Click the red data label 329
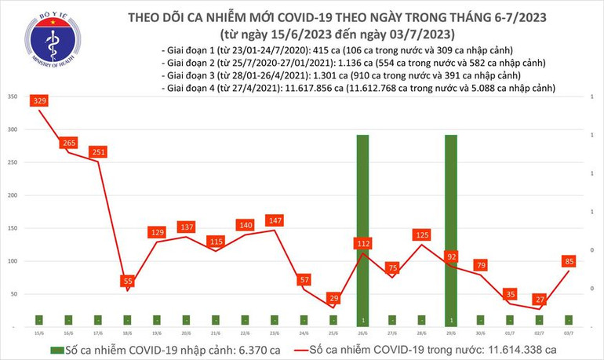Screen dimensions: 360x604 pos(40,101)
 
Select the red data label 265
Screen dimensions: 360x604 pos(69,143)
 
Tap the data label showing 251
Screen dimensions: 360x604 pos(98,151)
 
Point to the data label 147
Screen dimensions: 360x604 pos(275,221)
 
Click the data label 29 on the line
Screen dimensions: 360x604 pos(333,299)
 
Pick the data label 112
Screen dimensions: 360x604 pos(362,244)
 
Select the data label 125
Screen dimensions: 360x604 pos(422,235)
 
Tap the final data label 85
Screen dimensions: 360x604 pos(569,261)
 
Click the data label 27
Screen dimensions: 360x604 pos(539,299)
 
